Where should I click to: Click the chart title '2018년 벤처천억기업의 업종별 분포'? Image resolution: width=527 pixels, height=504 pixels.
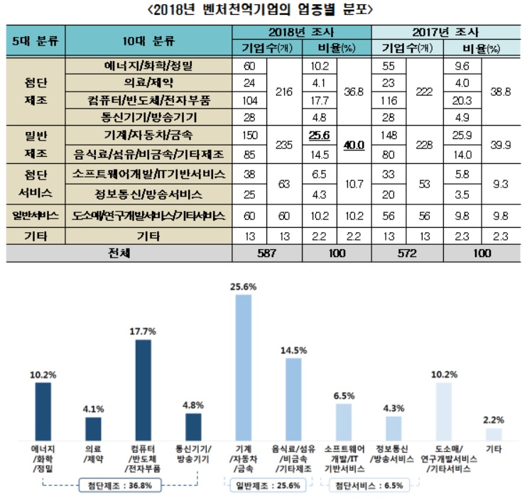263,10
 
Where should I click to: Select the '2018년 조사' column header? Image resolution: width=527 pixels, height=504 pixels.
303,32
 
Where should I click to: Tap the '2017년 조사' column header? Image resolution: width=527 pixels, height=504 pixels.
445,32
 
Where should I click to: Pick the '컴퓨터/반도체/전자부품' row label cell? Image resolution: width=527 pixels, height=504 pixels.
148,99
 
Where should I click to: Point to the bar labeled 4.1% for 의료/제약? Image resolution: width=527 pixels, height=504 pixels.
93,428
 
